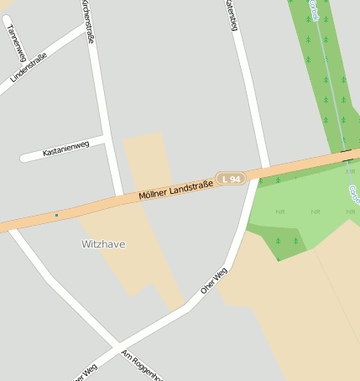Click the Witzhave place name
pos(103,244)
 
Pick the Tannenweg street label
pos(14,41)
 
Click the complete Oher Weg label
pos(214,281)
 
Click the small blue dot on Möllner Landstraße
pos(56,215)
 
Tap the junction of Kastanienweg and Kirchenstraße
pos(104,137)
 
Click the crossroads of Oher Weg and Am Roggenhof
pos(116,346)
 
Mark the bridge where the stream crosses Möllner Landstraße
pos(347,155)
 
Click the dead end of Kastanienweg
pos(23,157)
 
